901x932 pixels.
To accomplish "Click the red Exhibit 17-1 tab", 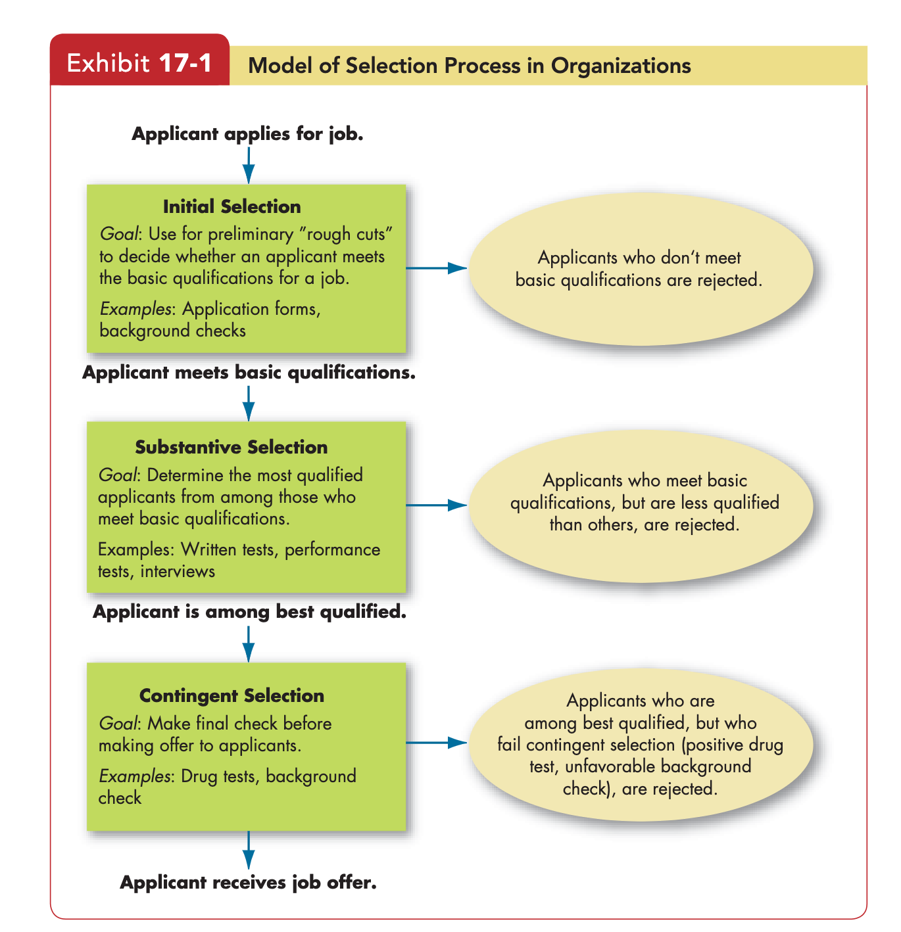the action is (x=139, y=60).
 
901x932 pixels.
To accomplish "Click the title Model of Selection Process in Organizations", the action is (x=469, y=66).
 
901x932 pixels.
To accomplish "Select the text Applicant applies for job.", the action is (x=247, y=133).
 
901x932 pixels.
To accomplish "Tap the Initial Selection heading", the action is (x=231, y=206).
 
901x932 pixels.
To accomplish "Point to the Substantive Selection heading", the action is (x=231, y=446).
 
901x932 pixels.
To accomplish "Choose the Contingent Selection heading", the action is (x=231, y=695).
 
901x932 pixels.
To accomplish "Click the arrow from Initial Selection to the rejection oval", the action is (x=435, y=268).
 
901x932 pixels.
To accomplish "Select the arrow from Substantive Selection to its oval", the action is (x=435, y=505).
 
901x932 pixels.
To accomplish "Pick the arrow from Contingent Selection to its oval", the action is (x=435, y=742).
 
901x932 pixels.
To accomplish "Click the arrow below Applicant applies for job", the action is (x=248, y=165).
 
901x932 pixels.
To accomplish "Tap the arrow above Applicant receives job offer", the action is (x=248, y=850).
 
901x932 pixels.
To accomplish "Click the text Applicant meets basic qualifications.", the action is (x=249, y=373).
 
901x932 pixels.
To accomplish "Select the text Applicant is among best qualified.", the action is (x=249, y=612).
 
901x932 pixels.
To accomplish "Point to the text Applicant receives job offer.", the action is (x=248, y=882).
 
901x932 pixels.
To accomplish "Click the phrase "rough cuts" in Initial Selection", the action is (x=345, y=234).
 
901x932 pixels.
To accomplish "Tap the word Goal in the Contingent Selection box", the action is (x=118, y=723).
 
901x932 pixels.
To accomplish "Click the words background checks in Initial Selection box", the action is (x=172, y=331).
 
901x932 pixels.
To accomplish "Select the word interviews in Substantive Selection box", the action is (x=178, y=571).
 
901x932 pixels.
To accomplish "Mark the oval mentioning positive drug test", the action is (x=641, y=744).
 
